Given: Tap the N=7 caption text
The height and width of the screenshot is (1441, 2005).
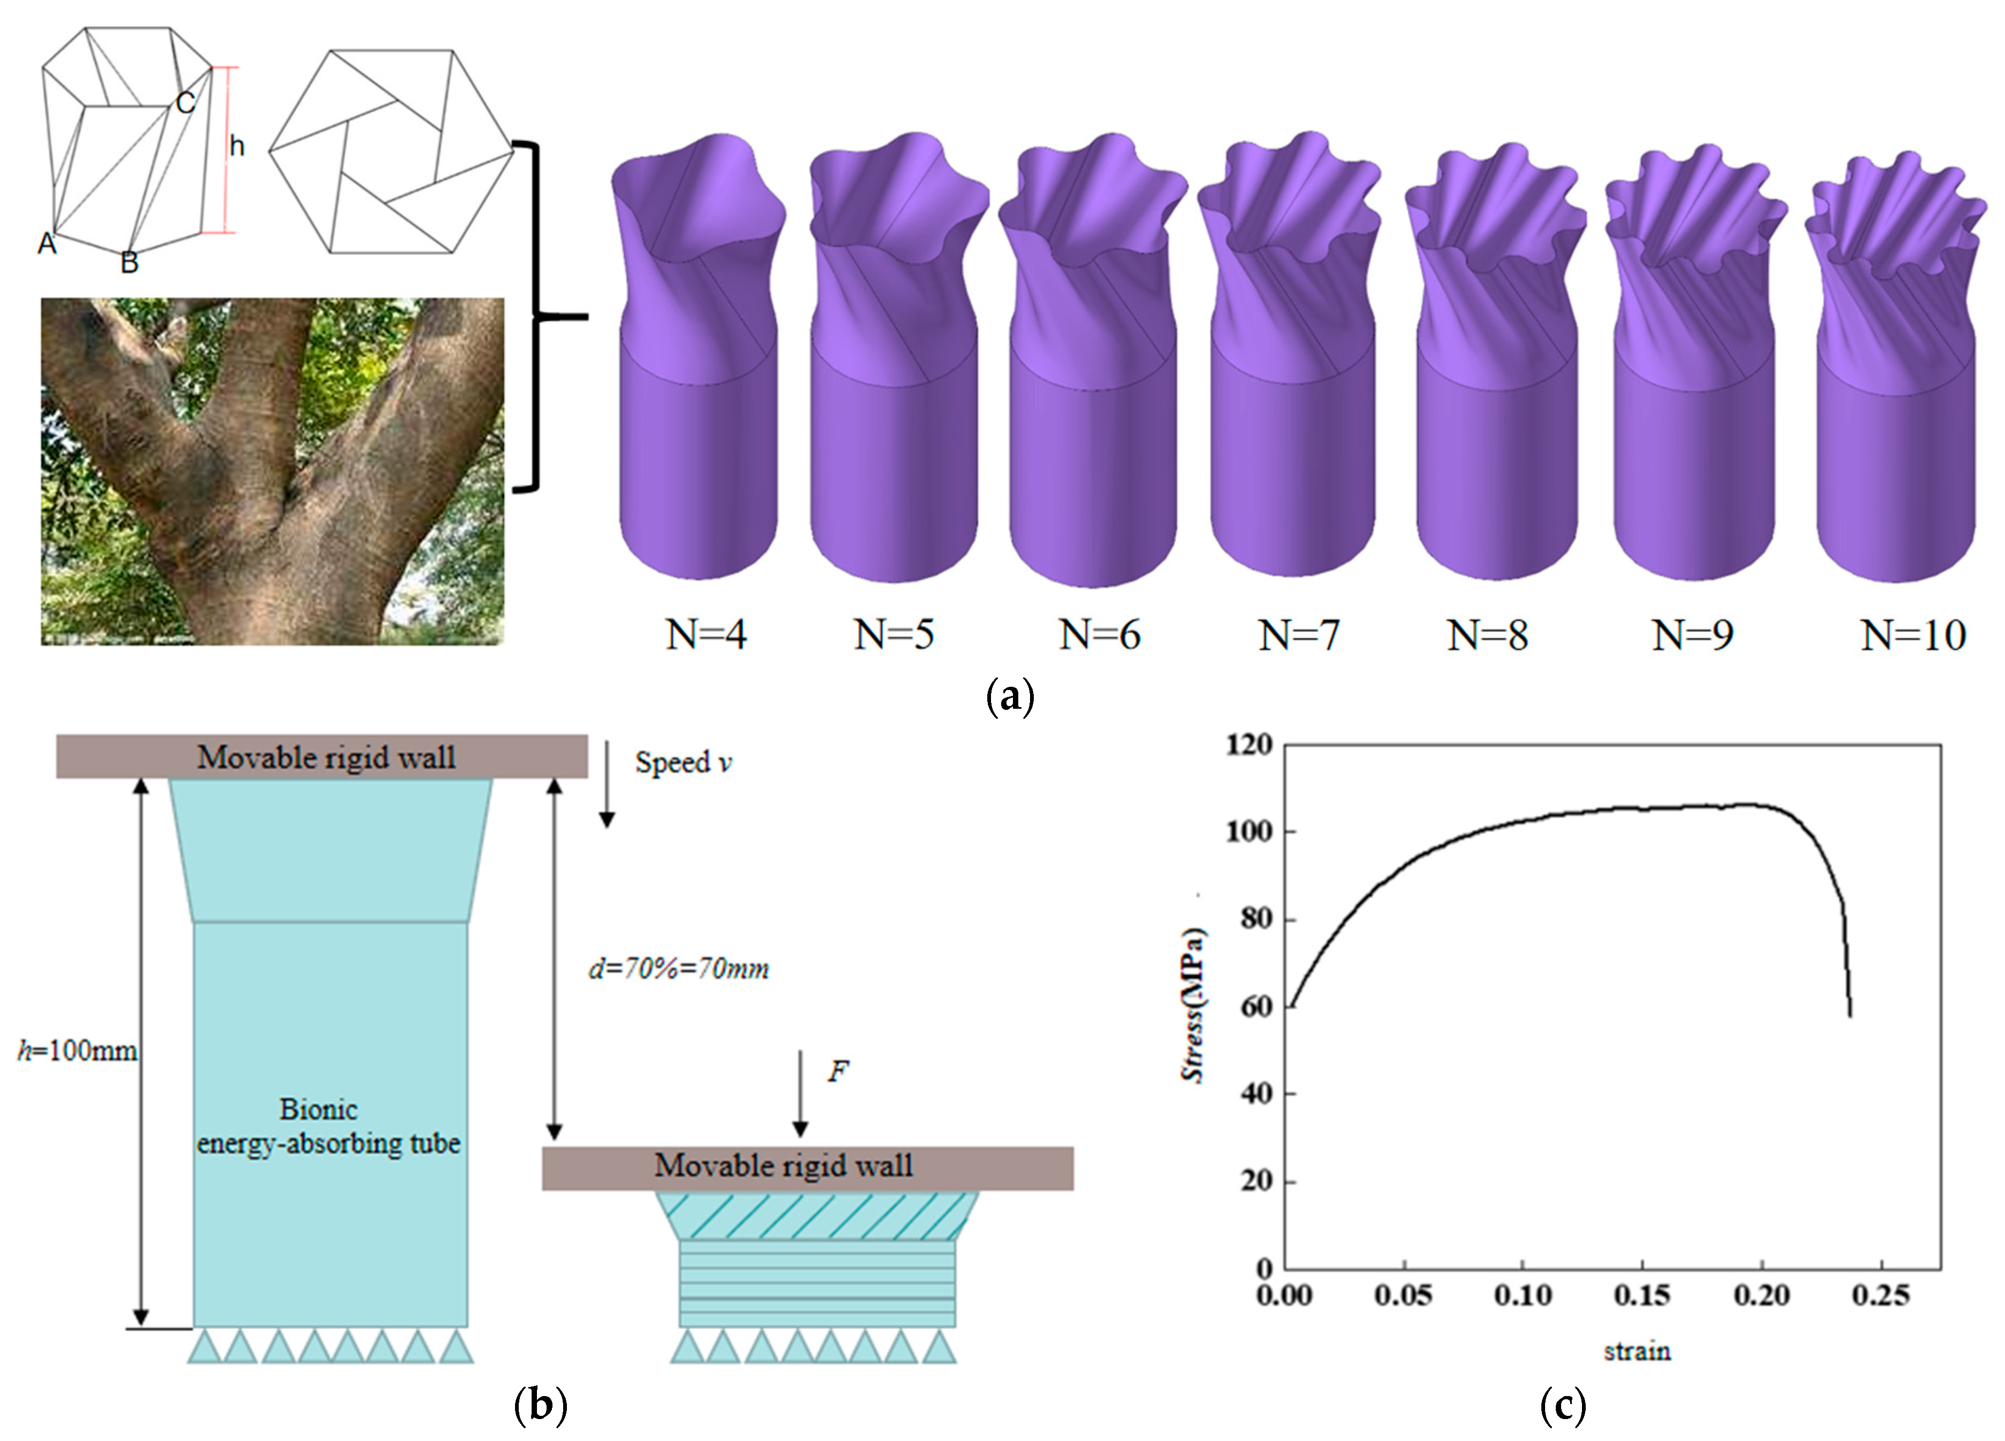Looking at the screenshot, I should pyautogui.click(x=1299, y=635).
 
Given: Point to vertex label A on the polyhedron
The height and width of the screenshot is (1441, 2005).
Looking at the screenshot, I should pyautogui.click(x=47, y=243).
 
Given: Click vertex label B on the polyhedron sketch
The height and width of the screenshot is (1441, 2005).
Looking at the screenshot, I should pyautogui.click(x=130, y=263).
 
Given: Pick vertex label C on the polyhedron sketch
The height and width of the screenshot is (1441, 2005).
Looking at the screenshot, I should pyautogui.click(x=185, y=103).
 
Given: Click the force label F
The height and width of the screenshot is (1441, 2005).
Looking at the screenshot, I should pyautogui.click(x=837, y=1071).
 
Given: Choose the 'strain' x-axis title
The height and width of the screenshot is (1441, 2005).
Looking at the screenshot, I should pyautogui.click(x=1637, y=1351).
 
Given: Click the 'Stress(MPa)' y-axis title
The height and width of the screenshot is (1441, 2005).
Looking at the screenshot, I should pyautogui.click(x=1194, y=1005).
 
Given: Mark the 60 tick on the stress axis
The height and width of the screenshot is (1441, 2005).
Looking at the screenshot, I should pyautogui.click(x=1255, y=1006).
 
